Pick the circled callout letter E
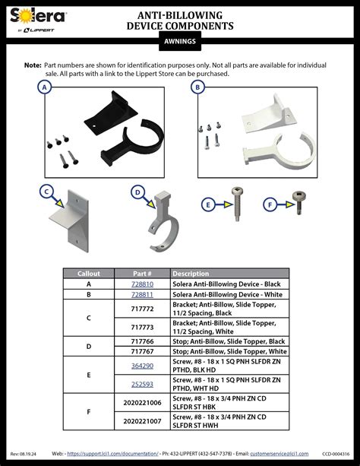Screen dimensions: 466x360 pos(208,204)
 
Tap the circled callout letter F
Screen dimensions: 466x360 pos(270,204)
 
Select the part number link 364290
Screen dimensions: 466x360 pos(142,366)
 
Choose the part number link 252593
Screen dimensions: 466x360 pos(142,384)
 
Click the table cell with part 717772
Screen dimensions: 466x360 pos(142,309)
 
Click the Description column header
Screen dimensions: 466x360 pos(191,274)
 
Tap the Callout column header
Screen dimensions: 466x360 pos(89,274)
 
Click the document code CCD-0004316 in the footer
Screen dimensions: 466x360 pos(335,453)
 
